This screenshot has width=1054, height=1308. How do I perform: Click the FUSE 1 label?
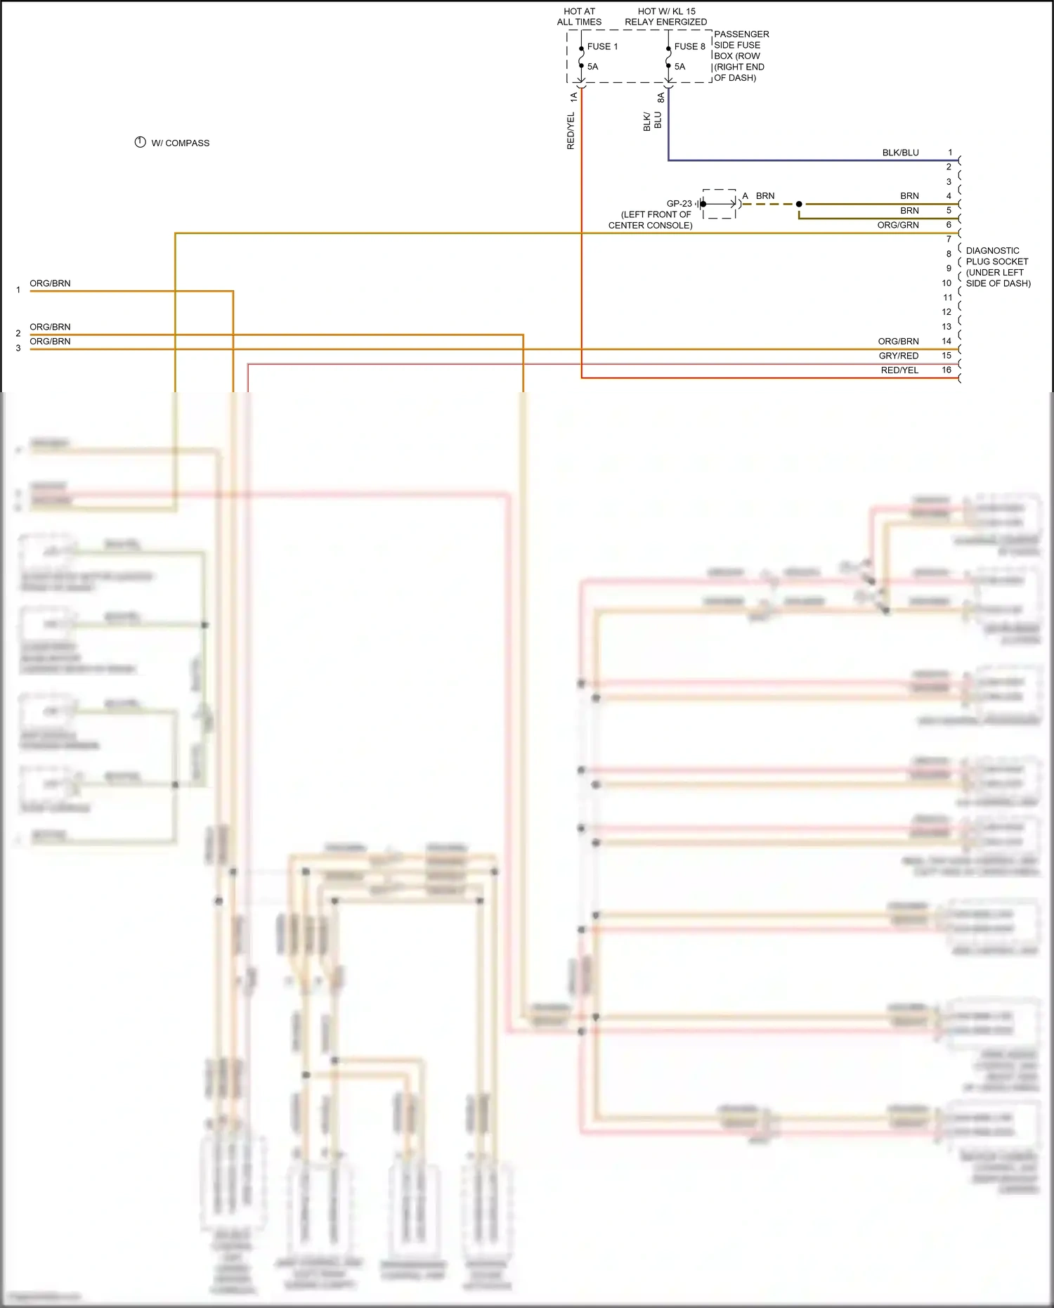tap(602, 46)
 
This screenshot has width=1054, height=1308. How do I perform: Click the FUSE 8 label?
tap(689, 46)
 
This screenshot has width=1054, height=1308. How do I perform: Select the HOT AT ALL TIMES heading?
tap(579, 17)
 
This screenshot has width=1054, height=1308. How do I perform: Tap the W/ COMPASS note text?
tap(181, 143)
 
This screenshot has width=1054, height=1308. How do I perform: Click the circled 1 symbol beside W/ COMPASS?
tap(140, 142)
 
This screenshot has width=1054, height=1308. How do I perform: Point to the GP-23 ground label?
tap(679, 204)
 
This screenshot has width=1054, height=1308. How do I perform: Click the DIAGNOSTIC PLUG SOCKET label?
tap(998, 267)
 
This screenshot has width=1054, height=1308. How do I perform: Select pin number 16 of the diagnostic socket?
tap(946, 370)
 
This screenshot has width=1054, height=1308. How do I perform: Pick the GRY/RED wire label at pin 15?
tap(898, 356)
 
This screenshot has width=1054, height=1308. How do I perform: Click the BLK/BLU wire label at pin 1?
tap(900, 153)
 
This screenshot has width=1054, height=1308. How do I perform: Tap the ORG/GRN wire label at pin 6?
tap(897, 225)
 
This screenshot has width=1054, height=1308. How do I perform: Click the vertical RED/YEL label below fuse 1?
tap(571, 131)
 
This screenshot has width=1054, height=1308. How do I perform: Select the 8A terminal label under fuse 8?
tap(661, 98)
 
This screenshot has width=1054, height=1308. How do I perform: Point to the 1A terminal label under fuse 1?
tap(573, 97)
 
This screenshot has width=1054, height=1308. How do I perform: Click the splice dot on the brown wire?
tap(799, 204)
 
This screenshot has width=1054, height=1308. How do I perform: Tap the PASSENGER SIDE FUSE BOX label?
tap(741, 56)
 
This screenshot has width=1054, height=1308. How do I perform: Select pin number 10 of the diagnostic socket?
tap(946, 283)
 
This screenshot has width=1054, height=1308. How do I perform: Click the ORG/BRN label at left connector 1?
tap(50, 283)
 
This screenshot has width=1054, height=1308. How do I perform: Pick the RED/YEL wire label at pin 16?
tap(899, 370)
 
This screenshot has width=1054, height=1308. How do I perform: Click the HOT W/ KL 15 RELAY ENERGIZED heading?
tap(666, 17)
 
